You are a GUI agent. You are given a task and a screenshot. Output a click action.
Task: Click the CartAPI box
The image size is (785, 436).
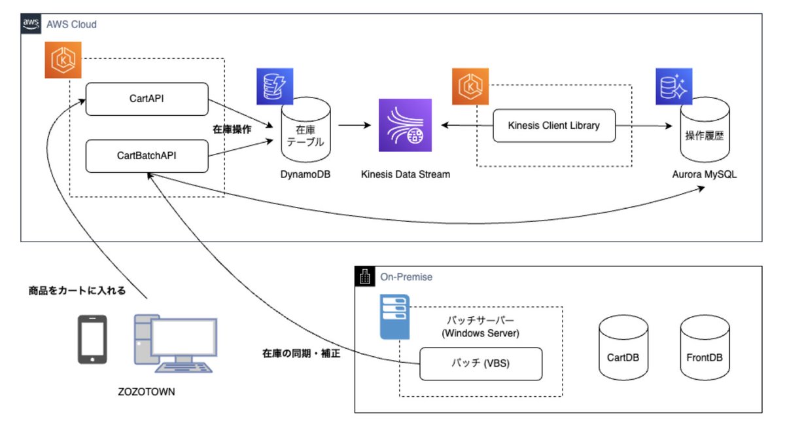click(x=147, y=98)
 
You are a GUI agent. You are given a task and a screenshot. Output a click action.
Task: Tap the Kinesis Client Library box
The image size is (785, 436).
click(x=553, y=125)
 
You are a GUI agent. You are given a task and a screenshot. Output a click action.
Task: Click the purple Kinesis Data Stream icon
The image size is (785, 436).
click(x=406, y=125)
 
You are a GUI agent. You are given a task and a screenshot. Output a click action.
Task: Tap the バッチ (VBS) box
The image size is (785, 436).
click(x=481, y=364)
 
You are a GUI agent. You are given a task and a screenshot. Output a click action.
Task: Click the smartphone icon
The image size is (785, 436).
click(x=92, y=339)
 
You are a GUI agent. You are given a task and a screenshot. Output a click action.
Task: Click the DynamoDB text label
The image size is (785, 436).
click(x=305, y=174)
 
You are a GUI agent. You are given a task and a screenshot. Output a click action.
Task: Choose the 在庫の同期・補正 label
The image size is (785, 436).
click(x=301, y=354)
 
